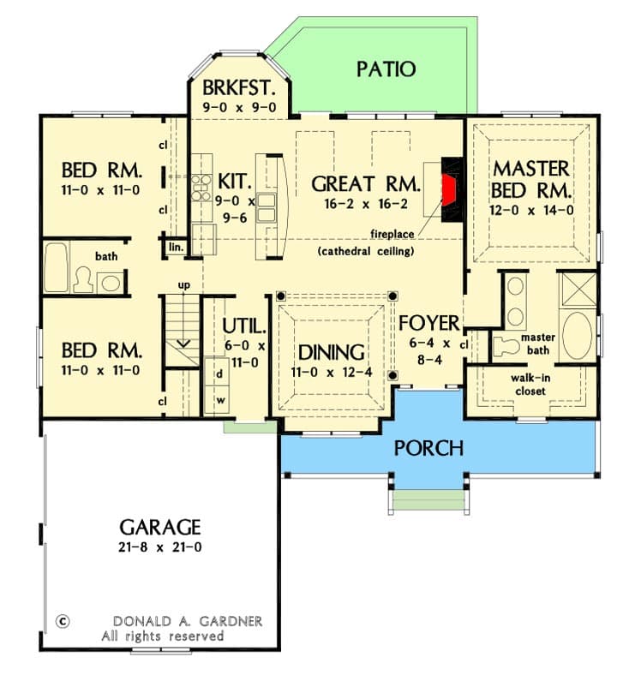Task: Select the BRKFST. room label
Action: pyautogui.click(x=238, y=88)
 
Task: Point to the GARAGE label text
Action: pyautogui.click(x=160, y=527)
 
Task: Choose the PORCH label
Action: pyautogui.click(x=428, y=448)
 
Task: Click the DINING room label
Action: pyautogui.click(x=332, y=352)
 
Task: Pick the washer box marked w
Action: pyautogui.click(x=219, y=400)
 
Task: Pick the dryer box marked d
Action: pyautogui.click(x=219, y=374)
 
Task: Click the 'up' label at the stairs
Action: pyautogui.click(x=183, y=284)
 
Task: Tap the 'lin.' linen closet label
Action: pyautogui.click(x=176, y=247)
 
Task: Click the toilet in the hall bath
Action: pyautogui.click(x=84, y=280)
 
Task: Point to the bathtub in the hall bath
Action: pyautogui.click(x=57, y=268)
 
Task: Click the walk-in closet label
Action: pyautogui.click(x=529, y=384)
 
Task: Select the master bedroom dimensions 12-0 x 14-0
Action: pyautogui.click(x=532, y=209)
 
